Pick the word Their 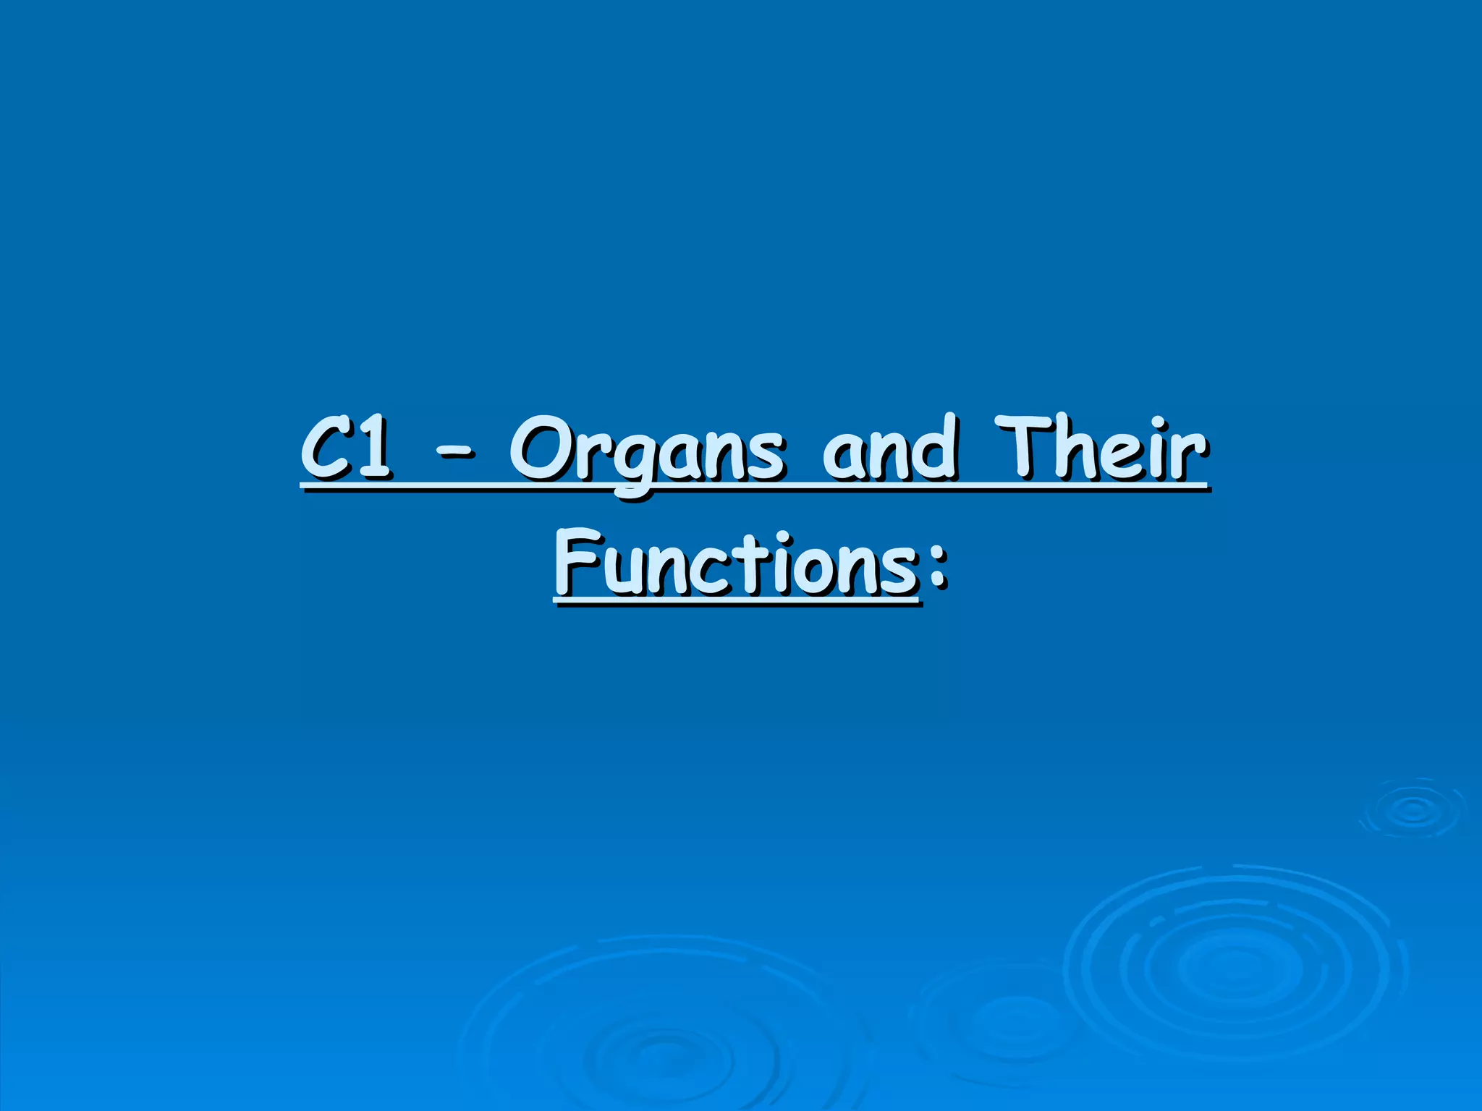(1099, 448)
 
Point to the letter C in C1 (323, 450)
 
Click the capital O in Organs (542, 450)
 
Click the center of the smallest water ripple (1411, 809)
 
